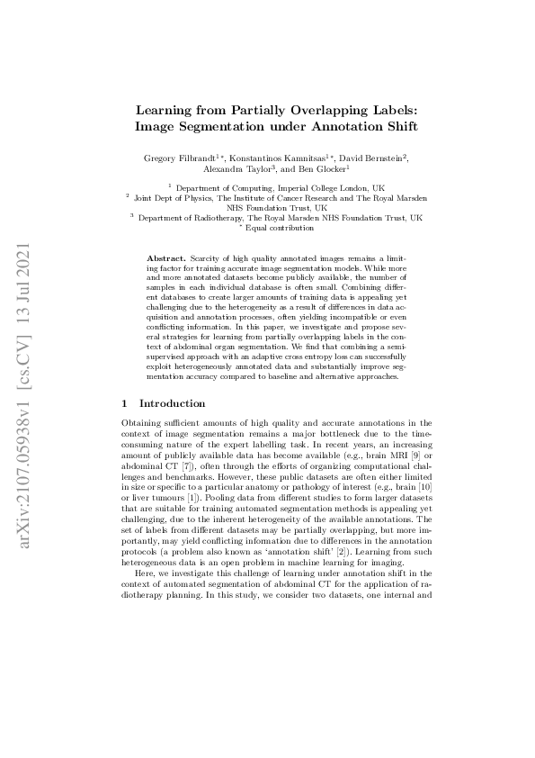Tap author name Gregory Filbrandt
[x=178, y=158]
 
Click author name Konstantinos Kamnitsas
[x=278, y=158]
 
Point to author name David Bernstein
[x=370, y=158]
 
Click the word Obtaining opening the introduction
[x=140, y=422]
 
